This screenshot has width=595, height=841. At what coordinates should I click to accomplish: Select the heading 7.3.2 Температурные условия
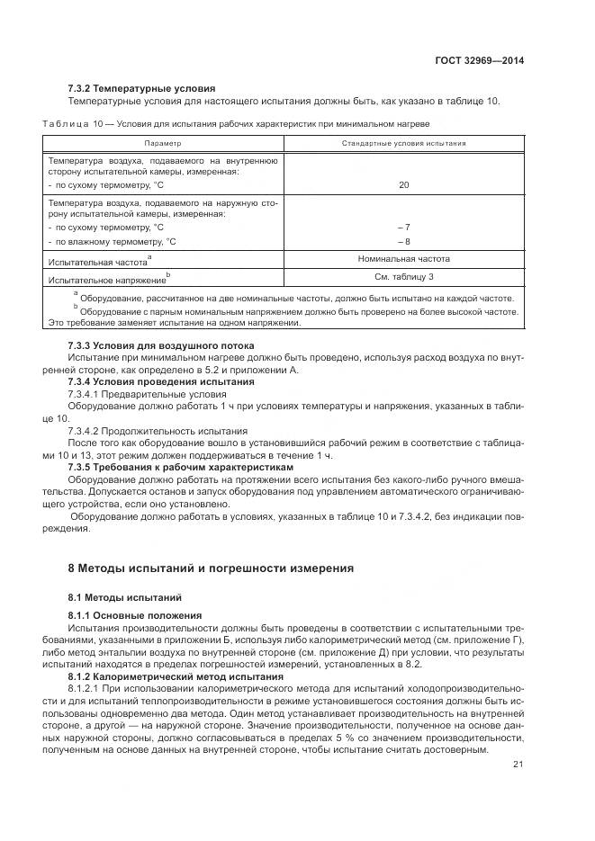coord(142,88)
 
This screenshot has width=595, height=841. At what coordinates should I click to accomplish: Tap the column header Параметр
coord(163,143)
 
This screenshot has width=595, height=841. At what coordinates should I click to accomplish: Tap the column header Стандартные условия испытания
coord(403,143)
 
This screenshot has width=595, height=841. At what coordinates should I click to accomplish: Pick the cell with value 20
coord(403,184)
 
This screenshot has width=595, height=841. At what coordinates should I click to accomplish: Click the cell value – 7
coord(403,228)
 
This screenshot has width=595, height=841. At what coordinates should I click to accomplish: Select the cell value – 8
coord(403,242)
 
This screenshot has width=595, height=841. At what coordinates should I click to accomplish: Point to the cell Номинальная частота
coord(403,259)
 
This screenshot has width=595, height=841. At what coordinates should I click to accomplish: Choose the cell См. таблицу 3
coord(403,277)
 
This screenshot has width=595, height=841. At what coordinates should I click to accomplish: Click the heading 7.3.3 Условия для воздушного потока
coord(161,345)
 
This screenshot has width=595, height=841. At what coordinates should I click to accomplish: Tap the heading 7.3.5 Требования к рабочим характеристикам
coord(181,468)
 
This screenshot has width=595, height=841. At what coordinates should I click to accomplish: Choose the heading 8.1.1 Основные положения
coord(135,615)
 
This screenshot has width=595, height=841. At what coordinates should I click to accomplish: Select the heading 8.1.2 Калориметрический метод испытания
coord(176,675)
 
